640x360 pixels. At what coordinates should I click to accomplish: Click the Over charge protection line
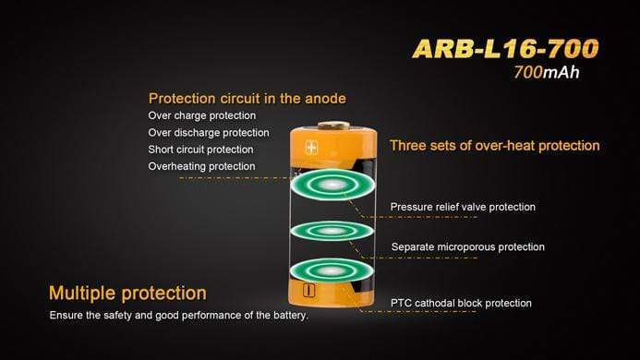tap(201, 116)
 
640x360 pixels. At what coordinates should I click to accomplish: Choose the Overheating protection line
tap(201, 166)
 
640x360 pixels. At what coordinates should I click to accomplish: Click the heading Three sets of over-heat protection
tap(494, 146)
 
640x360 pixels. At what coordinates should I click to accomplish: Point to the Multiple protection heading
tap(127, 294)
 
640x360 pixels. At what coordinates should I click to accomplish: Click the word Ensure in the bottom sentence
tap(67, 316)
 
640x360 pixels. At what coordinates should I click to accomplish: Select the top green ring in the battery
tap(331, 186)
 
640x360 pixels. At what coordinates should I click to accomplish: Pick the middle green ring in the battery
tap(331, 229)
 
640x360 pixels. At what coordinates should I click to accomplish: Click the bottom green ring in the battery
tap(331, 271)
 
